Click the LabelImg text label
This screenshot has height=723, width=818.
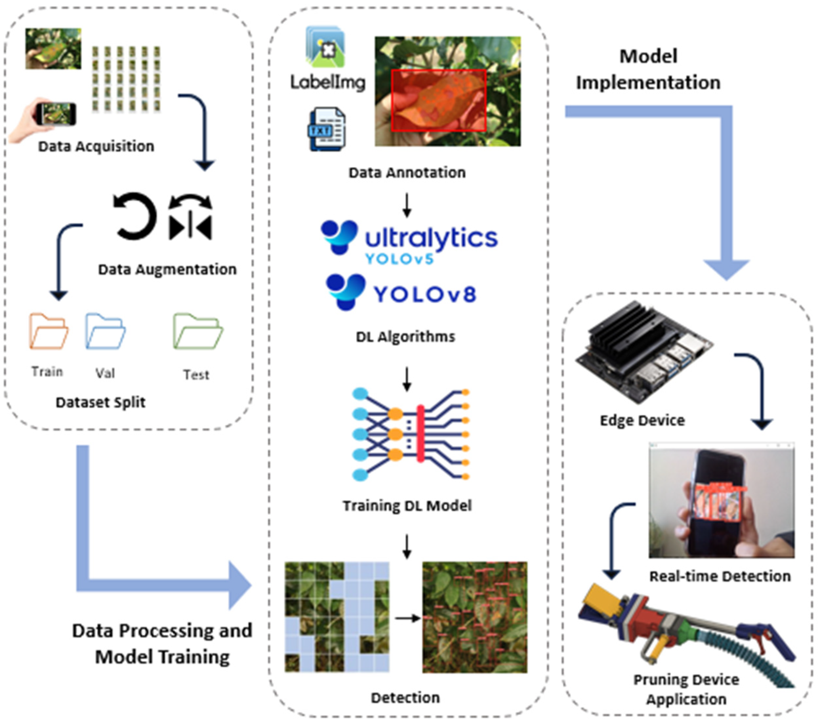click(328, 82)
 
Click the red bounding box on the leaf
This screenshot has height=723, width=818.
click(439, 100)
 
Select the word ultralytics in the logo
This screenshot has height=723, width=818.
click(431, 238)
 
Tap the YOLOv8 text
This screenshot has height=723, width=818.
click(425, 295)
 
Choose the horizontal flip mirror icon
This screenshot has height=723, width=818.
click(191, 218)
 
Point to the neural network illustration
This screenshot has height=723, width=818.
click(410, 435)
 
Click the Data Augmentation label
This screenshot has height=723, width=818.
click(167, 269)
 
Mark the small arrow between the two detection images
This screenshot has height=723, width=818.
click(407, 619)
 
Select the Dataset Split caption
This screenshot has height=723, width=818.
click(100, 402)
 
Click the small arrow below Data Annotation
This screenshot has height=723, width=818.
click(407, 205)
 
